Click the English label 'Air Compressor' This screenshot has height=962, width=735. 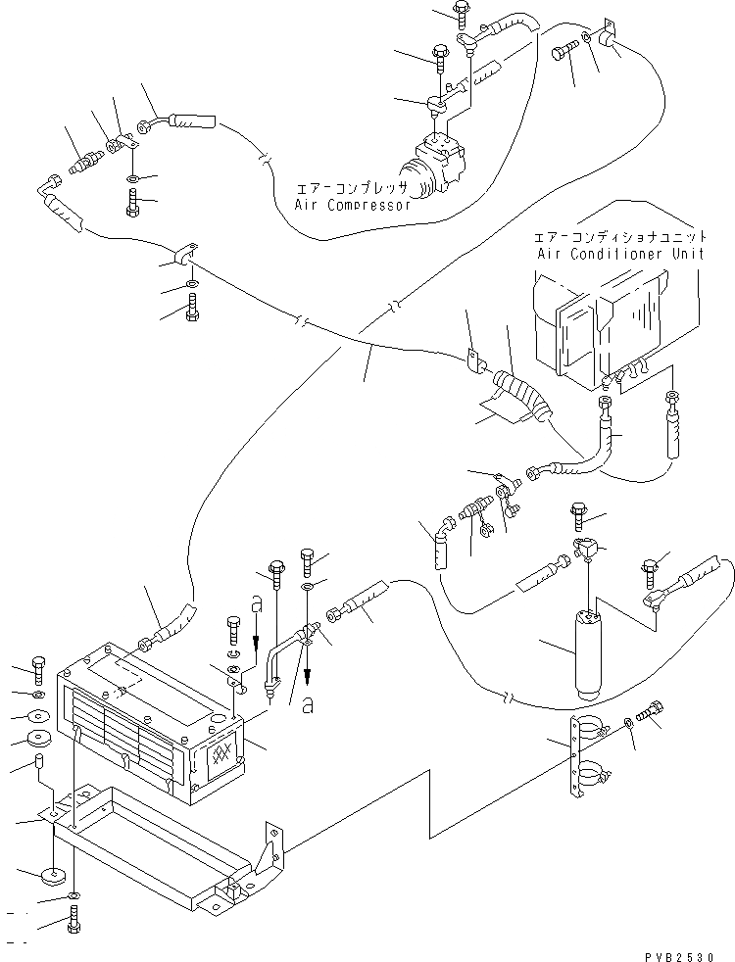[x=352, y=205]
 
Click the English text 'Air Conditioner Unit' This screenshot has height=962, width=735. [x=620, y=253]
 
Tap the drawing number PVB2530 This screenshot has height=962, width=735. [x=679, y=956]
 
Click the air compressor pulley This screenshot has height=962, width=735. [x=417, y=179]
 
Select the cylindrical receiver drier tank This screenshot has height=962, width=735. [x=588, y=654]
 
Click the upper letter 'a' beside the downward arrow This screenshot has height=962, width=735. [x=257, y=605]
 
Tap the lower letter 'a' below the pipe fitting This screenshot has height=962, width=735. [x=308, y=706]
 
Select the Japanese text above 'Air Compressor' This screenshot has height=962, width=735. [x=352, y=187]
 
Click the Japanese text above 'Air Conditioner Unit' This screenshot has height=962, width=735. [x=619, y=236]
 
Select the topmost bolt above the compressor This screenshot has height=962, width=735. [x=461, y=11]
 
